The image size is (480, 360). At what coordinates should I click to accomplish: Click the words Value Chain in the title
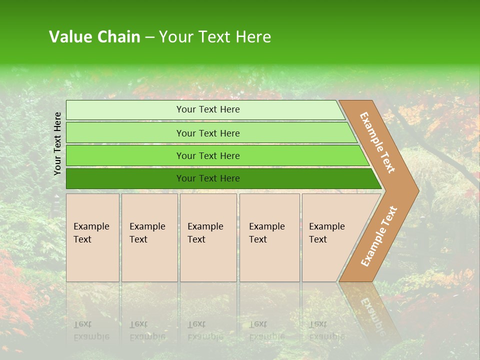pyautogui.click(x=94, y=37)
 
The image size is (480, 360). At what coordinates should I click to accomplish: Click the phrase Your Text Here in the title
pyautogui.click(x=215, y=37)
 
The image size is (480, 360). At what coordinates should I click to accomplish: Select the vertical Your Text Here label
pyautogui.click(x=57, y=143)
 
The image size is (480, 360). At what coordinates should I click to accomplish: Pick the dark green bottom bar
pyautogui.click(x=125, y=178)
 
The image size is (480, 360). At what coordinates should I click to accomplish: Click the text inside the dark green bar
pyautogui.click(x=208, y=178)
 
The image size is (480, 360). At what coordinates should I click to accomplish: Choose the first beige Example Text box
pyautogui.click(x=92, y=237)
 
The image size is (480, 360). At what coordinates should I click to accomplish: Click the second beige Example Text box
pyautogui.click(x=149, y=237)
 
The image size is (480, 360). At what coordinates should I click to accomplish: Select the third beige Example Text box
pyautogui.click(x=208, y=237)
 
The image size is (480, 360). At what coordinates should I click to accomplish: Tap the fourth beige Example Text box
pyautogui.click(x=269, y=237)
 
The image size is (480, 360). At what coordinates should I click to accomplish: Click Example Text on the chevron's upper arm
pyautogui.click(x=377, y=142)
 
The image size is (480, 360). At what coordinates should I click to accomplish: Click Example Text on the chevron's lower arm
pyautogui.click(x=378, y=236)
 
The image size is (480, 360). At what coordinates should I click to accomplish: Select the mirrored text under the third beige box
pyautogui.click(x=205, y=330)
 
